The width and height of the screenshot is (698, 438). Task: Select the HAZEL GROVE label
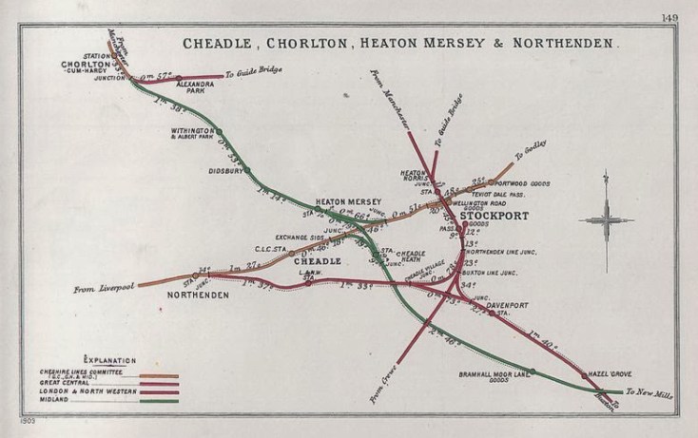[x=610, y=375]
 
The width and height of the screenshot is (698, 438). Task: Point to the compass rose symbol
[x=607, y=219]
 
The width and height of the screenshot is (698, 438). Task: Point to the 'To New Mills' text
[x=650, y=392]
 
